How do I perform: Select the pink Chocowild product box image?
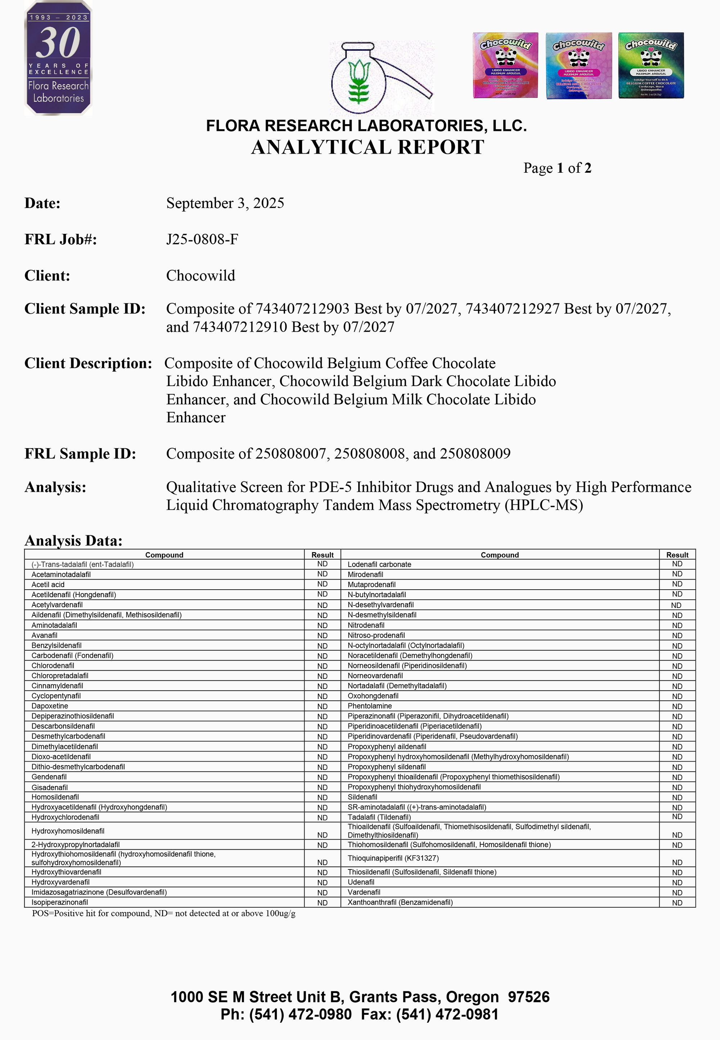505,65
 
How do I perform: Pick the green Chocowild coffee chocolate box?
651,65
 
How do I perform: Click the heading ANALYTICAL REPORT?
368,147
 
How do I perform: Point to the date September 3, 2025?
225,203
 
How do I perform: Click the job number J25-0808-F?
202,239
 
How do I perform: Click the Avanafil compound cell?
45,635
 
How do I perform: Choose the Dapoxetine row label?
50,706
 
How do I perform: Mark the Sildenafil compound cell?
362,797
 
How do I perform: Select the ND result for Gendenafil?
322,777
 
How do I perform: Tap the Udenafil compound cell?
361,882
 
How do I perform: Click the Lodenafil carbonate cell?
379,564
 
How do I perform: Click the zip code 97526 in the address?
529,997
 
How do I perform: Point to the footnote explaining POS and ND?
163,913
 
